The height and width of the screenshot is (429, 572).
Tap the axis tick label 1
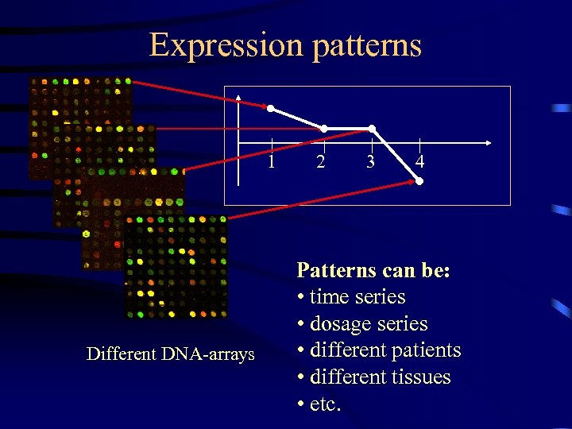click(x=272, y=162)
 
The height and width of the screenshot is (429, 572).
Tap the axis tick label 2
click(x=320, y=162)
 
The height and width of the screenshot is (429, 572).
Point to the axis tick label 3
click(x=370, y=162)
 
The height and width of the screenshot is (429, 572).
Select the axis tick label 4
click(x=419, y=162)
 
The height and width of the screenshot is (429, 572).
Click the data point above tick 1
click(x=271, y=108)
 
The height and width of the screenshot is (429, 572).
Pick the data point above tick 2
click(x=323, y=129)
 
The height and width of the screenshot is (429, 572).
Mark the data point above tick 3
click(x=371, y=129)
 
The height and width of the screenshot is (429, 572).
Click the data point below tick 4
click(x=419, y=182)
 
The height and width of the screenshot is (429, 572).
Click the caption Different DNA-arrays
click(x=171, y=354)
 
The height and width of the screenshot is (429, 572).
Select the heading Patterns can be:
click(x=373, y=270)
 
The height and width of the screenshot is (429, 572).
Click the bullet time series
click(x=357, y=297)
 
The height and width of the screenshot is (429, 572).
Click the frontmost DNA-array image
click(x=175, y=266)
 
